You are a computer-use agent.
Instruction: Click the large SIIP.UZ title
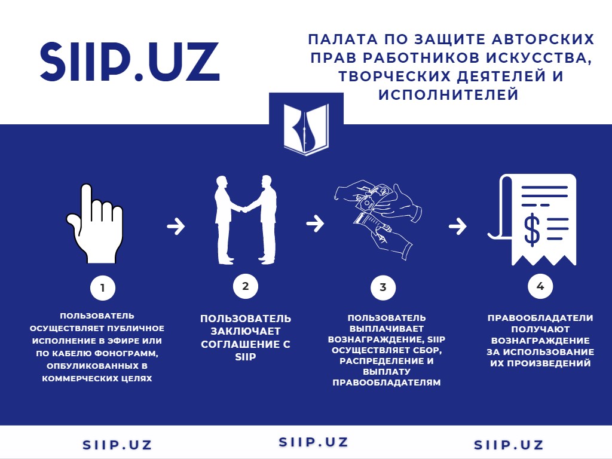130,62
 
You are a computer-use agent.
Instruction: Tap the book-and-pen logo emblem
306,129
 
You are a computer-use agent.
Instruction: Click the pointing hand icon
95,224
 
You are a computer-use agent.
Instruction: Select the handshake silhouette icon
246,220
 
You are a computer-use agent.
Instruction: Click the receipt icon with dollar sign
533,220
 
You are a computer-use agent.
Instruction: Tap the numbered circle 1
103,288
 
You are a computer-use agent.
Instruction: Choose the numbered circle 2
246,286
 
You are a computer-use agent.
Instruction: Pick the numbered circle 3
383,287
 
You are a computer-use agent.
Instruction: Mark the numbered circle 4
540,286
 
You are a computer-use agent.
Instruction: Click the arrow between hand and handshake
176,226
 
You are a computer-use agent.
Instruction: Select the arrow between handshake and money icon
315,224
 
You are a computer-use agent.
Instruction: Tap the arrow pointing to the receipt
457,227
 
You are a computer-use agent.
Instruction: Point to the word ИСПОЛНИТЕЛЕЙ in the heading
448,94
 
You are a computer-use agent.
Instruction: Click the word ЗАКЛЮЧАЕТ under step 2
246,331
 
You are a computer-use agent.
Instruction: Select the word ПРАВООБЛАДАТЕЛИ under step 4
540,318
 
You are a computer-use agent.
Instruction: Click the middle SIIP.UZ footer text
313,442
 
